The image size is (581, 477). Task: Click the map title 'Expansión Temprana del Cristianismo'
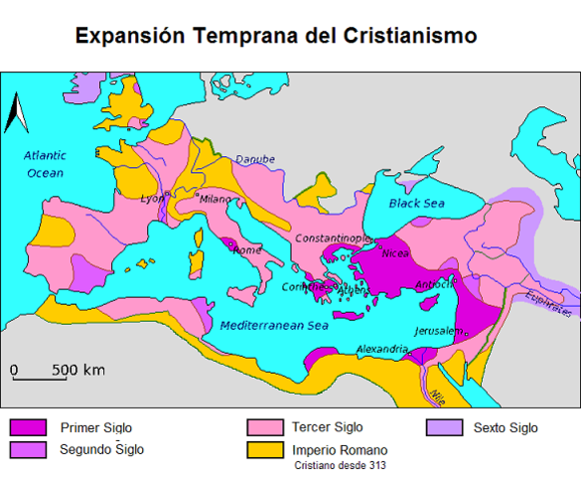[x=276, y=36]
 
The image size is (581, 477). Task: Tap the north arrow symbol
[x=14, y=112]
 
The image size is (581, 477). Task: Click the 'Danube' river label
[x=254, y=160]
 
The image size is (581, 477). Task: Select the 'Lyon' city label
[x=151, y=198]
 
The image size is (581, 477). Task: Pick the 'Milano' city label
[x=216, y=198]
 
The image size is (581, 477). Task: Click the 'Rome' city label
[x=247, y=249]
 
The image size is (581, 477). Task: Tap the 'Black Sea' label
[x=416, y=203]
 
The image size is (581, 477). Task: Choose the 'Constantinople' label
[x=332, y=239]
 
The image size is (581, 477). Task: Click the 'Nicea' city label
[x=394, y=252]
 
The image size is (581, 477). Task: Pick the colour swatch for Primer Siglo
[x=26, y=428]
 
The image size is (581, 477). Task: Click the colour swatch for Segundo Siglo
[x=26, y=449]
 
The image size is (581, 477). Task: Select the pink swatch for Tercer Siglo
[x=262, y=428]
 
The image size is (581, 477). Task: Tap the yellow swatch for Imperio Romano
[x=262, y=449]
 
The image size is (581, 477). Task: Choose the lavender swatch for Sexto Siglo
[x=441, y=428]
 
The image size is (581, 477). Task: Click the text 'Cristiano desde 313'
[x=338, y=464]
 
